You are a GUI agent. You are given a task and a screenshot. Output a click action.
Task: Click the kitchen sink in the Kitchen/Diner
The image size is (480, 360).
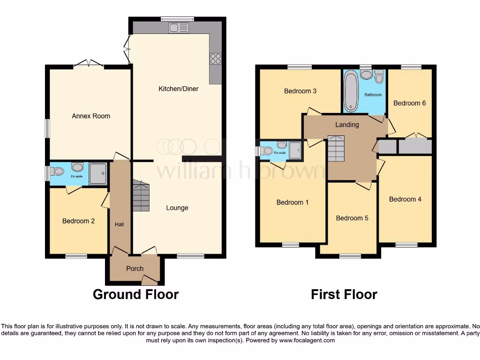pyautogui.click(x=179, y=28)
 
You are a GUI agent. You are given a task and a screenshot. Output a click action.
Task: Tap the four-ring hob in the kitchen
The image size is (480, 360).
pyautogui.click(x=216, y=59)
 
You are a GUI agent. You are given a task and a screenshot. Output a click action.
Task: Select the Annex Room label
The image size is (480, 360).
pyautogui.click(x=91, y=116)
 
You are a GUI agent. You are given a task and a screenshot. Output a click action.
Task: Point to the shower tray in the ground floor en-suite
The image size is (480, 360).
pyautogui.click(x=98, y=173)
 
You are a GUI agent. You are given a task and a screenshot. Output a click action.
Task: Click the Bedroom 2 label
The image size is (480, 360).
pyautogui.click(x=79, y=221)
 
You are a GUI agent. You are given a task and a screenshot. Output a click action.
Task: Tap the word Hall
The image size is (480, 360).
pyautogui.click(x=120, y=225)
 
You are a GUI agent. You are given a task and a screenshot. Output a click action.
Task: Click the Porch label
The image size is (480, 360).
pyautogui.click(x=135, y=269)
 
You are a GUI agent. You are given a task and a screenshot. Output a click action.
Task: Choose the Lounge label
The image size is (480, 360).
pyautogui.click(x=177, y=208)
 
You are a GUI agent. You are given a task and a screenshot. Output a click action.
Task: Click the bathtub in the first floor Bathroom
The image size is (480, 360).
pyautogui.click(x=351, y=91)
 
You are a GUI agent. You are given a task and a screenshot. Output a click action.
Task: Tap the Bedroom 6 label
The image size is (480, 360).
pyautogui.click(x=409, y=103)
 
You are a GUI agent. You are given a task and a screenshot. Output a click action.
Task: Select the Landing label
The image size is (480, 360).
pyautogui.click(x=347, y=125)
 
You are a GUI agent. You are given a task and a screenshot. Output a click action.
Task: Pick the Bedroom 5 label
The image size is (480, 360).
pyautogui.click(x=352, y=218)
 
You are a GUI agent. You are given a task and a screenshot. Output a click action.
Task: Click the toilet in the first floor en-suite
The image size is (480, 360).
pyautogui.click(x=266, y=151)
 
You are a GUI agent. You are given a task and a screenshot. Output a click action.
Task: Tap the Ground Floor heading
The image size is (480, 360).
pyautogui.click(x=135, y=294)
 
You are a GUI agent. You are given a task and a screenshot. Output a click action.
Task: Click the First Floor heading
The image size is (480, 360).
pyautogui.click(x=344, y=294)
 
